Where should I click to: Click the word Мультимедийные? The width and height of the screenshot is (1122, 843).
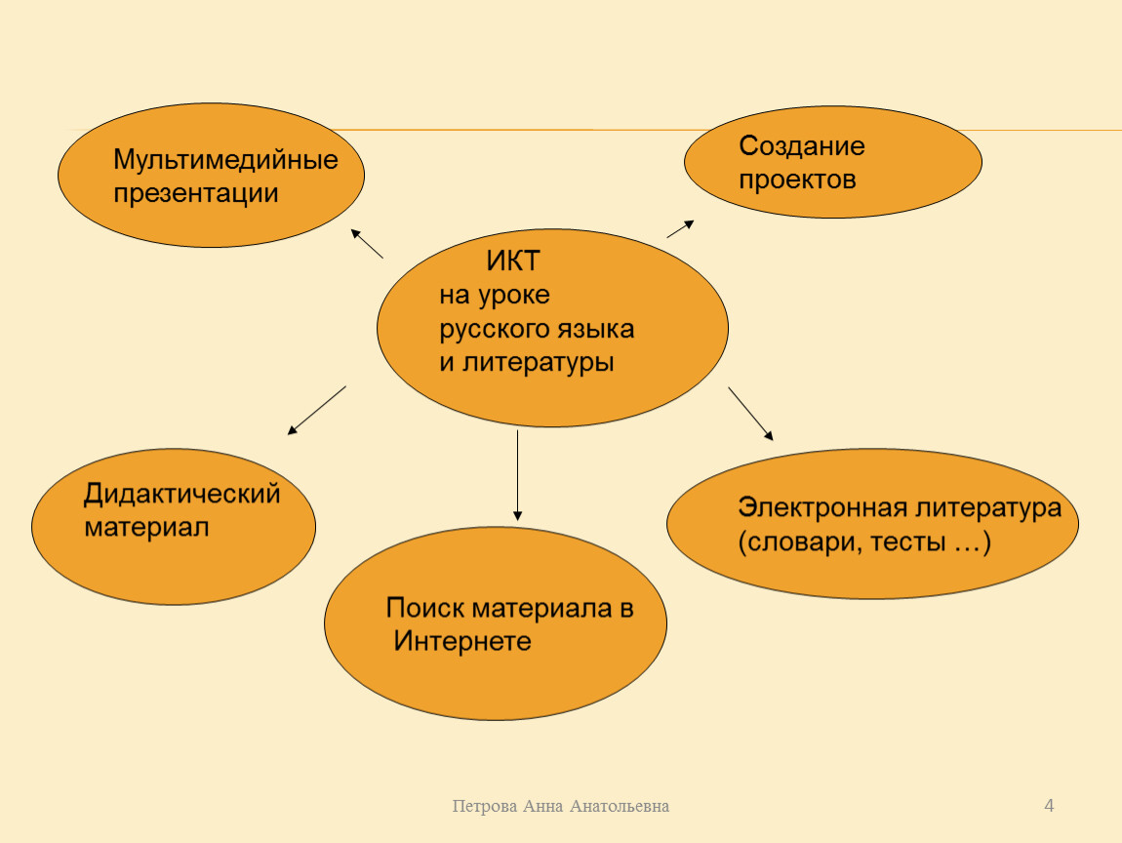click(x=225, y=160)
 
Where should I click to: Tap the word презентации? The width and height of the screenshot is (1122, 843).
click(x=195, y=194)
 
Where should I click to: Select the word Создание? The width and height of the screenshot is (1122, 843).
click(x=801, y=146)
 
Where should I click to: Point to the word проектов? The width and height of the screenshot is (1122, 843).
click(x=797, y=181)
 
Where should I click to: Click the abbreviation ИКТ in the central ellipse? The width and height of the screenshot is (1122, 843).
click(x=513, y=261)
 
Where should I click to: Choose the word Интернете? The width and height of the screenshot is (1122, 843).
click(x=462, y=641)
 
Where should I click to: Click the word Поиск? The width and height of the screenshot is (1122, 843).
click(x=425, y=608)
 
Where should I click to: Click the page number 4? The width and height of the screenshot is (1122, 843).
click(x=1049, y=806)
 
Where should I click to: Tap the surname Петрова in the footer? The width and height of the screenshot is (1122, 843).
click(x=485, y=807)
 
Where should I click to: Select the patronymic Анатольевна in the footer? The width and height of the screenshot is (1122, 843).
click(x=620, y=807)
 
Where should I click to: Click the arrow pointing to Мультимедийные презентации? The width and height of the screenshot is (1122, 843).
click(x=367, y=243)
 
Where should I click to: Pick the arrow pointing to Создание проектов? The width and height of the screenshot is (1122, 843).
click(x=680, y=228)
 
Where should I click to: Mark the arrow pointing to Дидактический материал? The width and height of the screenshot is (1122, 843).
click(x=316, y=411)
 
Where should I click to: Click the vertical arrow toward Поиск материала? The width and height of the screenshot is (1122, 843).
click(x=517, y=475)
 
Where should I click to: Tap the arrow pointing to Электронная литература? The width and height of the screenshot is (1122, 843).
click(x=750, y=414)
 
